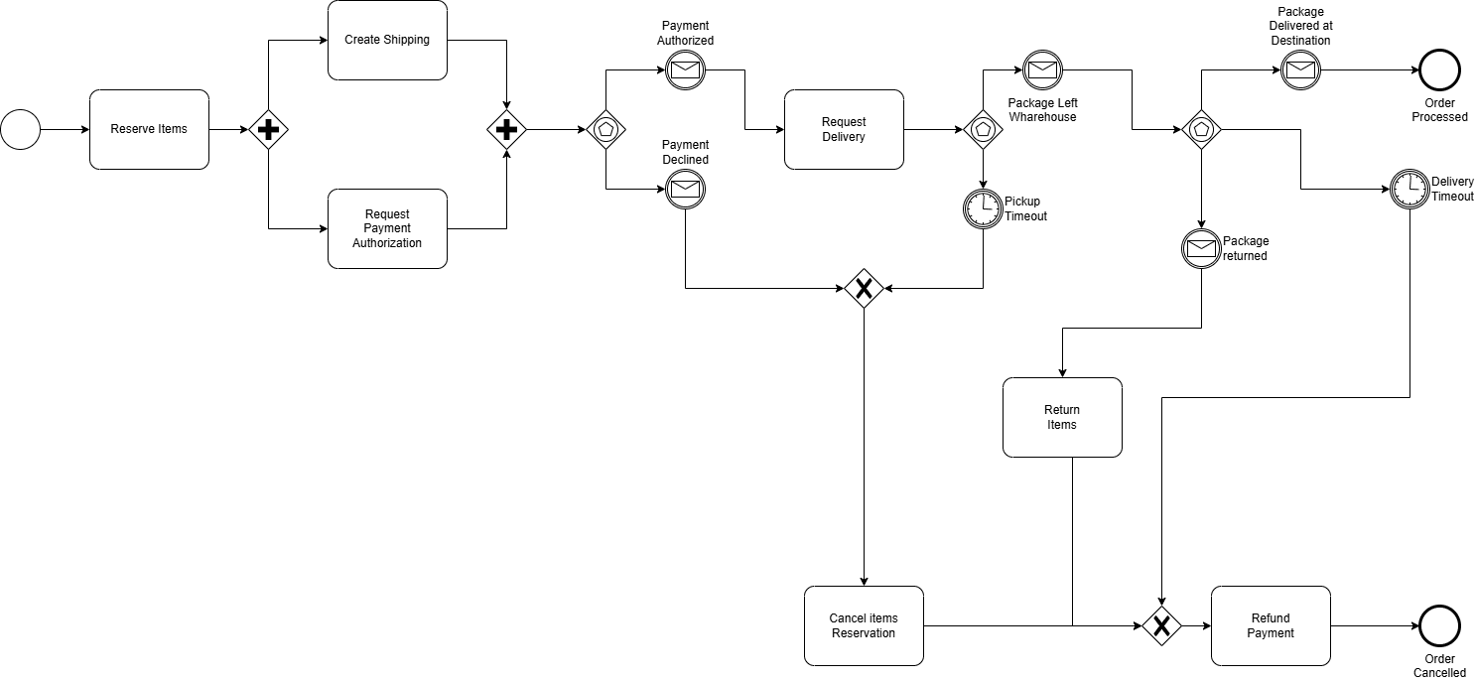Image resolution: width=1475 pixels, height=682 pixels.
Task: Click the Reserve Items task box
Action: (x=149, y=129)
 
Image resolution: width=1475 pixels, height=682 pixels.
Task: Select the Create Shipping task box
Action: (x=387, y=41)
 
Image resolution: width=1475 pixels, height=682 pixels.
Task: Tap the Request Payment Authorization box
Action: (x=387, y=228)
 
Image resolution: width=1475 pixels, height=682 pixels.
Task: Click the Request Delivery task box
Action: (x=844, y=129)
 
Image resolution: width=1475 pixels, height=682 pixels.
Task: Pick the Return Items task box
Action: (x=1062, y=417)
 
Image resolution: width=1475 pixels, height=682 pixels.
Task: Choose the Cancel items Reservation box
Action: (x=864, y=625)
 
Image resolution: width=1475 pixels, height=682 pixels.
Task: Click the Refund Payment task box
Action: (x=1271, y=625)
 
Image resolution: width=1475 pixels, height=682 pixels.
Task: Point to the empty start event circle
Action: (x=20, y=129)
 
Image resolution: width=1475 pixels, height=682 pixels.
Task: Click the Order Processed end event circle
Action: (x=1439, y=69)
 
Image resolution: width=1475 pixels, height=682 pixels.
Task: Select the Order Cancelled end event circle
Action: (x=1439, y=625)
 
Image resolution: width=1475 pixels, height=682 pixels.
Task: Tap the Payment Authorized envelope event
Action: (x=685, y=69)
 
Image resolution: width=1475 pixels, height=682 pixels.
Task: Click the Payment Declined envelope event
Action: (x=685, y=189)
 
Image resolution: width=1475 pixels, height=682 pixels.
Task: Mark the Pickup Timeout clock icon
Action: (x=983, y=207)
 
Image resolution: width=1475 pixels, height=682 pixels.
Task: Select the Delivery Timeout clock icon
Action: (x=1408, y=189)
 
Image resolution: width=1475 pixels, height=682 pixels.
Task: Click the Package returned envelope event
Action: (x=1201, y=248)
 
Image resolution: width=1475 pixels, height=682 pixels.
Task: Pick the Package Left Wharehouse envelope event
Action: (x=1042, y=69)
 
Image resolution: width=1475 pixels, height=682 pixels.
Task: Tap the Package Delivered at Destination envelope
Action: (x=1300, y=69)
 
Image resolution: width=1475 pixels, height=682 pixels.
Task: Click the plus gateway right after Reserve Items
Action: (x=268, y=129)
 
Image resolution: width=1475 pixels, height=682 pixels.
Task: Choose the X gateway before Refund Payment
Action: (x=1161, y=625)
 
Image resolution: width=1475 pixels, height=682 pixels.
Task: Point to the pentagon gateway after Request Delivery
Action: (x=983, y=129)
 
